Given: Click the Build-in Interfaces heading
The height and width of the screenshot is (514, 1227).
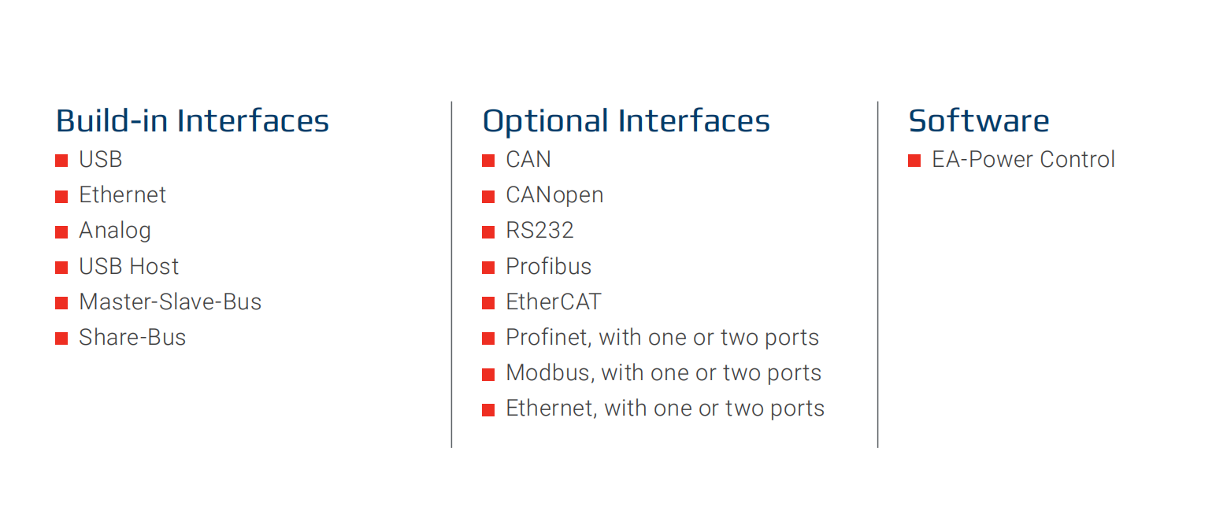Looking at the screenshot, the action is point(192,121).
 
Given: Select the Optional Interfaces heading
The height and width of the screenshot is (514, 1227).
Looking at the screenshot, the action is point(626,121).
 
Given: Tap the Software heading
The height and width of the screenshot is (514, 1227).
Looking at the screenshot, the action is point(979,121).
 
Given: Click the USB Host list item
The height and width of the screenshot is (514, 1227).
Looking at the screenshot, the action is point(128,267).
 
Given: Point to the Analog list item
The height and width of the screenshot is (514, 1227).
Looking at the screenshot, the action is point(115,231).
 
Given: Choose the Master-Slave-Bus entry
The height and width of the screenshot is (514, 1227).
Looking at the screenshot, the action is point(170,302).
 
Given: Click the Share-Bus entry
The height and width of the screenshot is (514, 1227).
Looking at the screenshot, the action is point(132,337).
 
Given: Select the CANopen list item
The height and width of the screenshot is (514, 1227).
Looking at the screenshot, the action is point(554,195).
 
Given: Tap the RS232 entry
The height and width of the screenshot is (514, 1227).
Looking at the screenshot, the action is point(539,231).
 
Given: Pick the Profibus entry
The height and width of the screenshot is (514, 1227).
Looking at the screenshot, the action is point(548,267).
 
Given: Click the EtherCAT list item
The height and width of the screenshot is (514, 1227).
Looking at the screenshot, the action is point(553,302).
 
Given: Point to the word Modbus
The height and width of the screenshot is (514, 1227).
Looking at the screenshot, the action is point(550,373).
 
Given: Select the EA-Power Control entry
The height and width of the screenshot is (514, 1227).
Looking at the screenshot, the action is point(1023,160).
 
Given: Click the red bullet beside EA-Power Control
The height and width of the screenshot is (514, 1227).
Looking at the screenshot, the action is point(914,161).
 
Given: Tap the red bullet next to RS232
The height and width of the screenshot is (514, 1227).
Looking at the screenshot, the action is point(488,232).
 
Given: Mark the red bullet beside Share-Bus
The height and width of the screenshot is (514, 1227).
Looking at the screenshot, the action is point(61,338).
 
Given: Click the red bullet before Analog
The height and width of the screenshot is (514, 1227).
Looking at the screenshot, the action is point(61,232).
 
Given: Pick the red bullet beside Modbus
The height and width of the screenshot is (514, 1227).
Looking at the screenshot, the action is point(488,375).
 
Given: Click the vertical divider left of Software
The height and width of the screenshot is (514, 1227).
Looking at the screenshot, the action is point(877,274).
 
